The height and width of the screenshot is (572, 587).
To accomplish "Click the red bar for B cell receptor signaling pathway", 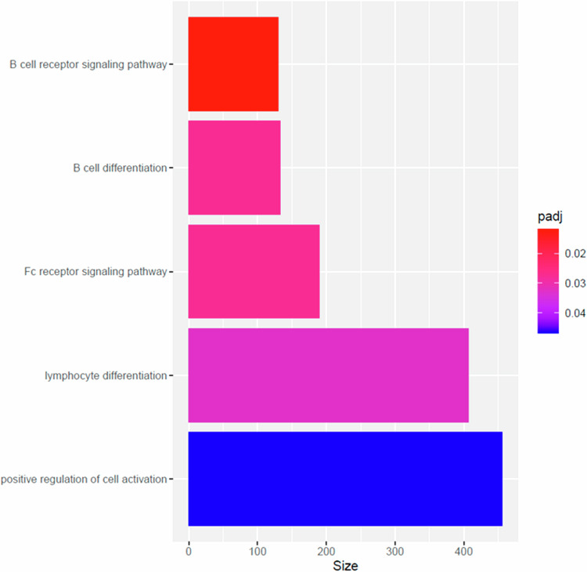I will pyautogui.click(x=233, y=64).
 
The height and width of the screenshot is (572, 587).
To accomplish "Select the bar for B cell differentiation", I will pyautogui.click(x=234, y=168).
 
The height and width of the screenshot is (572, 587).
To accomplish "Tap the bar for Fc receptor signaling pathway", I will pyautogui.click(x=254, y=271).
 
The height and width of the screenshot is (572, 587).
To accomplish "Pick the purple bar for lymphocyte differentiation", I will pyautogui.click(x=328, y=375).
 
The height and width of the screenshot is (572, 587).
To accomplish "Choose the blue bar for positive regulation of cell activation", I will pyautogui.click(x=344, y=479).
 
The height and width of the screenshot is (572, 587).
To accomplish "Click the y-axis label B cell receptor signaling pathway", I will pyautogui.click(x=88, y=65).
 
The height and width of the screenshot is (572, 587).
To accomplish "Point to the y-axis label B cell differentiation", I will pyautogui.click(x=117, y=168).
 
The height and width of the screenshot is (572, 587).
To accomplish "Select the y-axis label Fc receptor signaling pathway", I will pyautogui.click(x=96, y=272).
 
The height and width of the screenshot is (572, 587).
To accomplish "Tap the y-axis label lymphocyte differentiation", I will pyautogui.click(x=106, y=376).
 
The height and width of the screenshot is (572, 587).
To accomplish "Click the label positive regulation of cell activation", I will pyautogui.click(x=84, y=480).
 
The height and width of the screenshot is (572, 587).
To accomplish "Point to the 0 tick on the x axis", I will pyautogui.click(x=189, y=550).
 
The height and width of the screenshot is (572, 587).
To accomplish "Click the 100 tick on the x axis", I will pyautogui.click(x=257, y=550).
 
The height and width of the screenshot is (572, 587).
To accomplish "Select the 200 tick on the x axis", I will pyautogui.click(x=326, y=550).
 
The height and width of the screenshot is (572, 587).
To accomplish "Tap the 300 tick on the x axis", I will pyautogui.click(x=395, y=550).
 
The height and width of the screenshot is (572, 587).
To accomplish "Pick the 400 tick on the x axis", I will pyautogui.click(x=464, y=550).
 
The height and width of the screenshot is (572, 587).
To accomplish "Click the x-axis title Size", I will pyautogui.click(x=345, y=564).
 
